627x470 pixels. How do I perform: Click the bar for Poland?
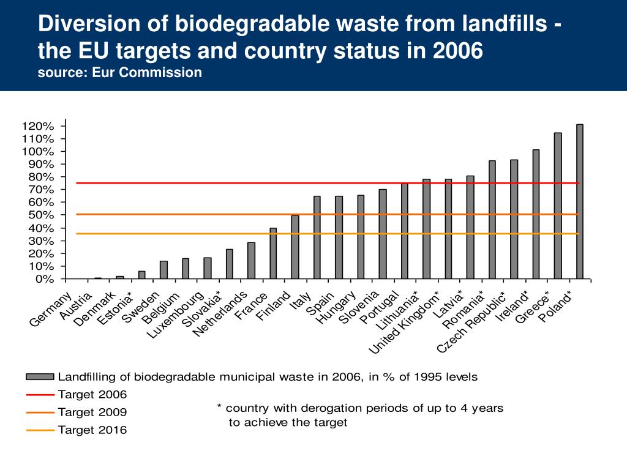[579, 202]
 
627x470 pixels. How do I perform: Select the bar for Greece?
[558, 206]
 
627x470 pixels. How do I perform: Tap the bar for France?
[273, 254]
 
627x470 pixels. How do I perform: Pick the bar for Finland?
[295, 247]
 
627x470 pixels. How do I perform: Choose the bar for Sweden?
[163, 270]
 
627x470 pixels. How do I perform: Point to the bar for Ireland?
[536, 214]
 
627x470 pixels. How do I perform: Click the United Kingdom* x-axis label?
[405, 321]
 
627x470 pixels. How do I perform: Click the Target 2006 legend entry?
[92, 394]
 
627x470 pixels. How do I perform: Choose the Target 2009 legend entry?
[92, 412]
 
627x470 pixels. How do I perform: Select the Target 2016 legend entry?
[92, 430]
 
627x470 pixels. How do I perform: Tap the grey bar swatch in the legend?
[40, 376]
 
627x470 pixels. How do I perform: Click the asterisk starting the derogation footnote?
[219, 406]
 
